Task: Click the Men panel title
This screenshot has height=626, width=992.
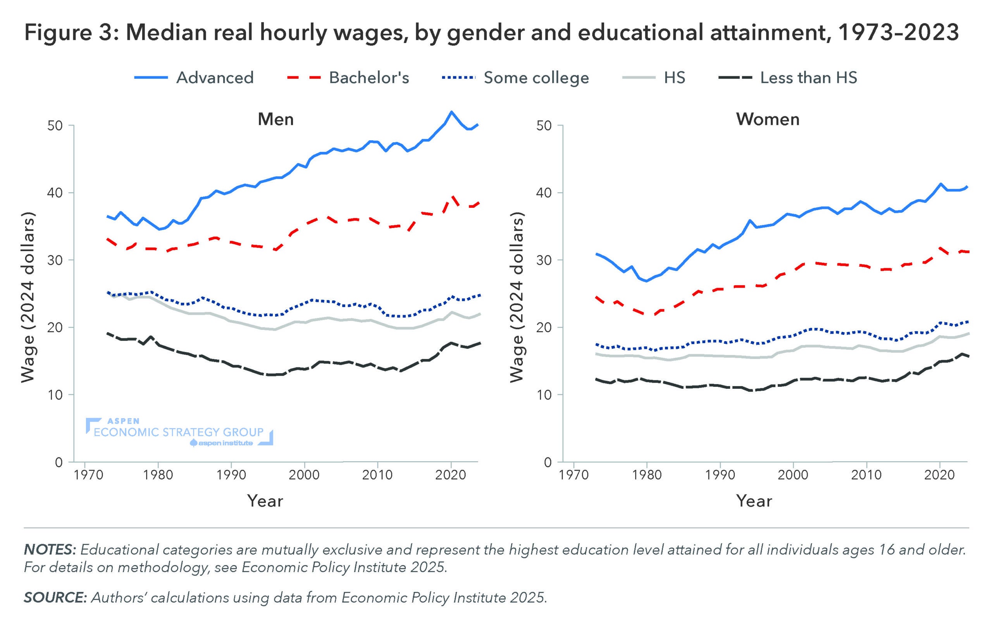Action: (276, 119)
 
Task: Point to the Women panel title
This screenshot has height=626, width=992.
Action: (768, 119)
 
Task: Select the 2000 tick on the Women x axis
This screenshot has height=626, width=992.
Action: (793, 475)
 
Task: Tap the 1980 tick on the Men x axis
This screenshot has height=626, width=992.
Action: (158, 475)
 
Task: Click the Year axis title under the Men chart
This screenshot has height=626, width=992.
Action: (265, 501)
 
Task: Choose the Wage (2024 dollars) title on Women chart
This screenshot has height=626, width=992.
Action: (517, 297)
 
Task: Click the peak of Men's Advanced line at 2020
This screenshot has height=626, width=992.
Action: (451, 112)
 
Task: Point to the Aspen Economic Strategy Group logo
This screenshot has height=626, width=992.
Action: (179, 432)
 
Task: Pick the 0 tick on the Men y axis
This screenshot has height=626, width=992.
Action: (59, 462)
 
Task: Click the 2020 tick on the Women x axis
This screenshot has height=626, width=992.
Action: (940, 475)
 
